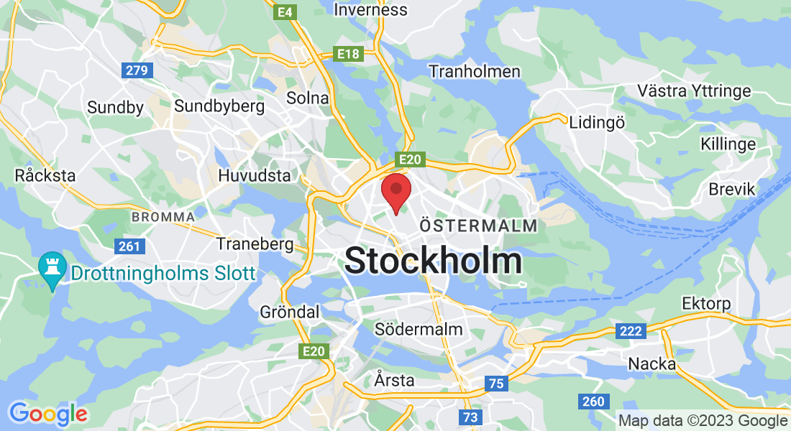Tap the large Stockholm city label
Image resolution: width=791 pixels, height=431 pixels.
pos(433,260)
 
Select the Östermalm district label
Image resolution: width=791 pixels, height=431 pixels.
pos(478,226)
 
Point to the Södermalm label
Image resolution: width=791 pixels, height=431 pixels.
pos(419,329)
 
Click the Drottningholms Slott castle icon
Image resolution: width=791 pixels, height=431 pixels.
pos(52,268)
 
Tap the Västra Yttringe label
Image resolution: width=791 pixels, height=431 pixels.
pos(694,91)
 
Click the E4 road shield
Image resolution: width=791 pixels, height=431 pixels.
pos(285,12)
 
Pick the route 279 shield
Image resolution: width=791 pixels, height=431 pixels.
pos(136,70)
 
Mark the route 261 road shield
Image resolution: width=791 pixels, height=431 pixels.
pos(130,246)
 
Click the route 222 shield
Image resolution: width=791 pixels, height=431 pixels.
pos(630,331)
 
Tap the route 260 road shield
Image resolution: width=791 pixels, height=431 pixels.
pos(594,402)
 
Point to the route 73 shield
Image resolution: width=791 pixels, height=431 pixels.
pos(470,417)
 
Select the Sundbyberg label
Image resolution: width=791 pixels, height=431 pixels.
pos(219,106)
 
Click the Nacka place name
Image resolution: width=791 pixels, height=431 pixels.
pos(652,363)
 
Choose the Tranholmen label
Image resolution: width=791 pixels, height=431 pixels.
pos(474,71)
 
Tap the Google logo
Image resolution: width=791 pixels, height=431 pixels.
pos(48,414)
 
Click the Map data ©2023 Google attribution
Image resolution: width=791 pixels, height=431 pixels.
pos(703,421)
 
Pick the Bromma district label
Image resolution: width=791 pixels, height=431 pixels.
pos(163,216)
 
